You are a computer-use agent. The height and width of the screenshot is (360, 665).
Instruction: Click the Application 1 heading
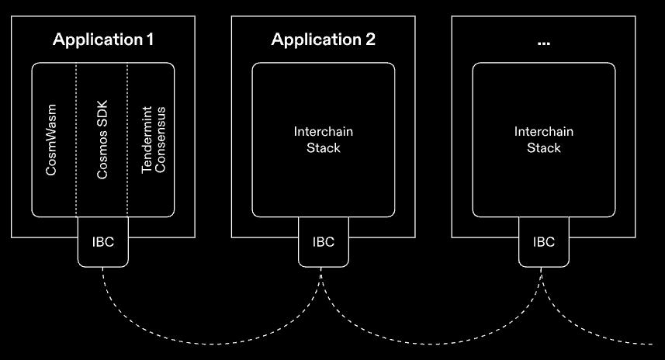point(102,40)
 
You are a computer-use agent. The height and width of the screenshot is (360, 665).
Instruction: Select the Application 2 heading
point(323,40)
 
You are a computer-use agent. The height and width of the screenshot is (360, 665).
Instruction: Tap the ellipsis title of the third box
point(543,41)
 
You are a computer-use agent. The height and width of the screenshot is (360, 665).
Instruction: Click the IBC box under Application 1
point(102,242)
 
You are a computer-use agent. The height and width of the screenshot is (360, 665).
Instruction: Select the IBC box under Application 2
point(323,242)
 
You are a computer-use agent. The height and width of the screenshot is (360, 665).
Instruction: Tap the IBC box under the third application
point(543,242)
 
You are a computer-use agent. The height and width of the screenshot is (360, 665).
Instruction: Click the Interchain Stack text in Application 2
point(323,140)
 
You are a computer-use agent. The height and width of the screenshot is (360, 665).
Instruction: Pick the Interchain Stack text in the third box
point(543,140)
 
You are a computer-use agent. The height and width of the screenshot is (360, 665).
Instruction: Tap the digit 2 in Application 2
point(370,40)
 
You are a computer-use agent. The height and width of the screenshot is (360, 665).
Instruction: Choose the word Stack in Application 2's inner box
point(323,147)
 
